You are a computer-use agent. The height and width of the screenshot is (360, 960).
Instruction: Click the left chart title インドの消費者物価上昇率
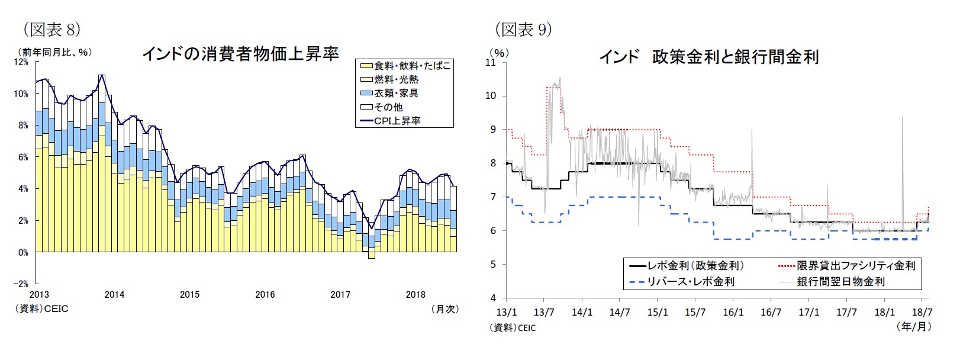coord(240,54)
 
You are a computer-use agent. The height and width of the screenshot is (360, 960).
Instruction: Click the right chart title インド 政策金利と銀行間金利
coord(709,57)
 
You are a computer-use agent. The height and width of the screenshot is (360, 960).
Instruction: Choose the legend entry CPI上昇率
coord(397,121)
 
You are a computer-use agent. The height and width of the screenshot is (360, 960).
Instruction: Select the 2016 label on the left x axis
coord(265,295)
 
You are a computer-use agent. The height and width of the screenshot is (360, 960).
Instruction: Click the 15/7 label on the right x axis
coord(695,311)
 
